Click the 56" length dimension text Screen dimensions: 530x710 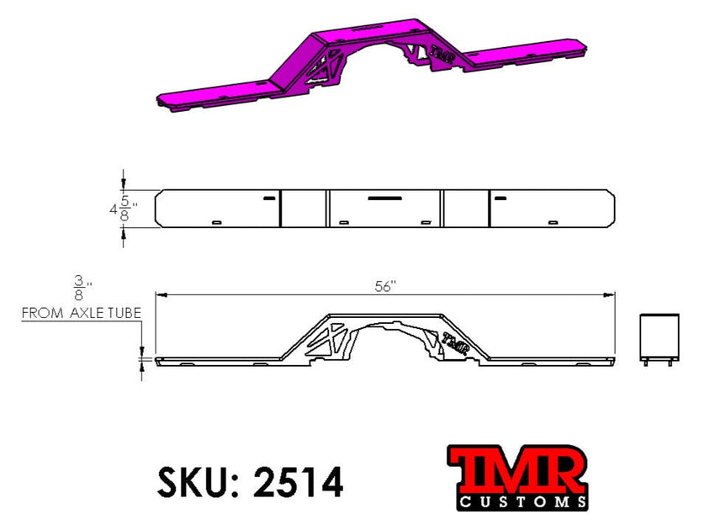[x=384, y=286]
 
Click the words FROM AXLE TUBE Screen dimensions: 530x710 [x=81, y=313]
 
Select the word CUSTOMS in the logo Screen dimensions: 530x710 [x=522, y=502]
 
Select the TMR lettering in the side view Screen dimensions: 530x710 [x=455, y=342]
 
